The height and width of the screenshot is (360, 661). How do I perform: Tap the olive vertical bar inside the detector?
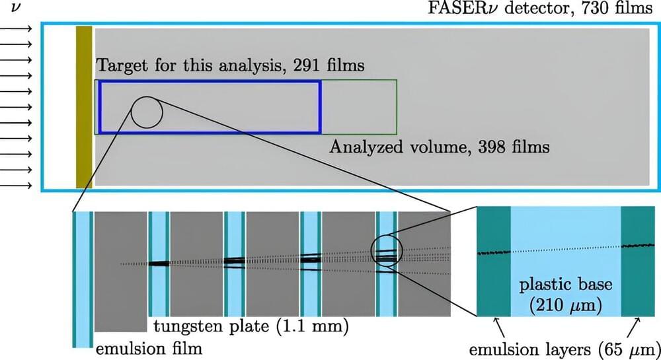point(84,107)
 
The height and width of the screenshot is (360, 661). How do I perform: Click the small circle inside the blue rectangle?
point(147,112)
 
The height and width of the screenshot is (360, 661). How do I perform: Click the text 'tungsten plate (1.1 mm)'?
point(251,326)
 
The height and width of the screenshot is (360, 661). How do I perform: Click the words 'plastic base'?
point(565,286)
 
